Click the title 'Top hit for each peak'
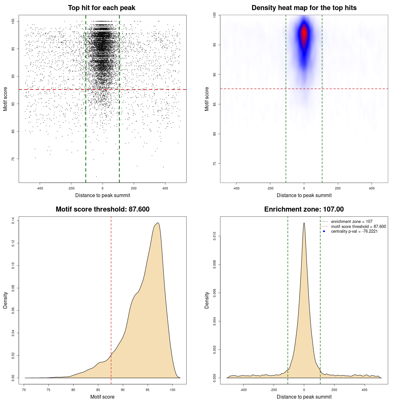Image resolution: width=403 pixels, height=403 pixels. click(x=101, y=8)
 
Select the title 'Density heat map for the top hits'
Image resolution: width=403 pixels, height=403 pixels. click(x=304, y=8)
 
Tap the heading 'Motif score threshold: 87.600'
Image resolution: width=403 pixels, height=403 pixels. click(x=102, y=209)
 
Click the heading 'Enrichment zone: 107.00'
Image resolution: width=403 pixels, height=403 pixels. click(x=304, y=209)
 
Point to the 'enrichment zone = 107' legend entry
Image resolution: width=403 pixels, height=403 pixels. click(x=351, y=222)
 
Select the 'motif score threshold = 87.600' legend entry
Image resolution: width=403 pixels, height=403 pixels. click(x=358, y=227)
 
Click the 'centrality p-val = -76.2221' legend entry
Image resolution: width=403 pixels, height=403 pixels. click(x=354, y=231)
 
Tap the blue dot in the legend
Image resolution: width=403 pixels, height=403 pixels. click(x=324, y=231)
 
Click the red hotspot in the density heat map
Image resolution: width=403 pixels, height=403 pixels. click(x=304, y=33)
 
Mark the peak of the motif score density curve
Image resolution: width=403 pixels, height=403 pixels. click(x=158, y=223)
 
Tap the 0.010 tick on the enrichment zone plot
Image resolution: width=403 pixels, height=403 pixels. click(x=215, y=236)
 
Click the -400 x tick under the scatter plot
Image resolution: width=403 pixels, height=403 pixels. click(x=40, y=188)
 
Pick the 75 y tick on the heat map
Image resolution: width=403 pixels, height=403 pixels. click(x=215, y=164)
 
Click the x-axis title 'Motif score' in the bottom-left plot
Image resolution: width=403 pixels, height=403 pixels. click(x=102, y=397)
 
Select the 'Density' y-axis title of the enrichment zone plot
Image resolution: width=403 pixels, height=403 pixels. click(x=207, y=300)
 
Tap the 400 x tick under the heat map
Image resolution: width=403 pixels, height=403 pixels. click(x=372, y=188)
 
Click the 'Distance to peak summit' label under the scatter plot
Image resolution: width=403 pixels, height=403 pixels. click(x=103, y=196)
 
